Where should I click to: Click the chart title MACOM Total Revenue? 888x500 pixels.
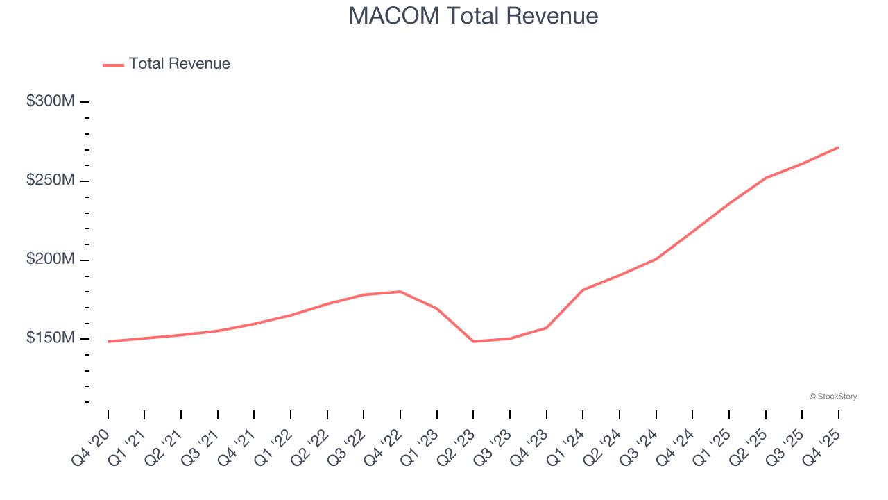click(473, 15)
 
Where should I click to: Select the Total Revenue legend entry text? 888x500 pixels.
click(179, 64)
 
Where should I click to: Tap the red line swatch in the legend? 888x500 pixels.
click(113, 65)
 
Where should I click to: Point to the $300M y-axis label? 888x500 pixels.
click(51, 101)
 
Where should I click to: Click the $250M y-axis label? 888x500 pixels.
click(51, 181)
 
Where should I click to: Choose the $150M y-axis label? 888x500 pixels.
click(51, 338)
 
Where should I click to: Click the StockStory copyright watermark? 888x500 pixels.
click(832, 397)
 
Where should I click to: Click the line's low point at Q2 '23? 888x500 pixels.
click(473, 342)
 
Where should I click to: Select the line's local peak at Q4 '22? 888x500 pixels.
click(400, 292)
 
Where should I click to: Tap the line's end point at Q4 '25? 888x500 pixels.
click(838, 147)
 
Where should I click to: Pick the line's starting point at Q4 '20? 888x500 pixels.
click(109, 342)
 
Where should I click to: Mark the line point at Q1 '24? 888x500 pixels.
click(583, 290)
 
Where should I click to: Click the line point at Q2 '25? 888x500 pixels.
click(765, 178)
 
